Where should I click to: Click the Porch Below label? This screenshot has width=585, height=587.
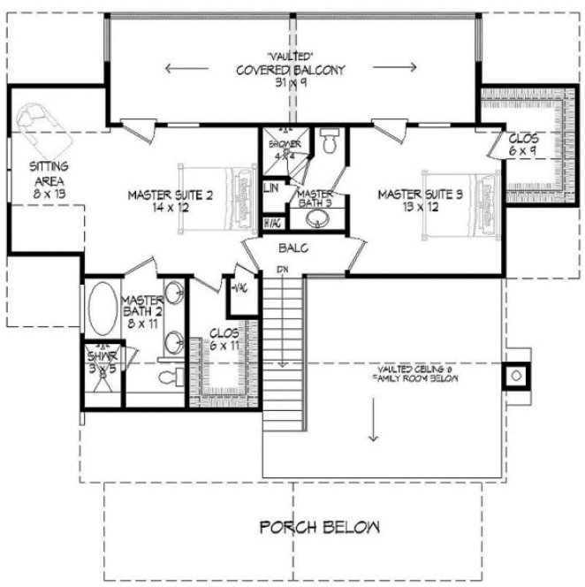click(320, 528)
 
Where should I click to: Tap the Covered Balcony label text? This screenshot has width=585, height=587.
click(290, 71)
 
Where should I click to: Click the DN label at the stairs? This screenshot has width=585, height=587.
click(283, 269)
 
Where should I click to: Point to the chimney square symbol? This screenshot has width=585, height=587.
click(515, 376)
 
